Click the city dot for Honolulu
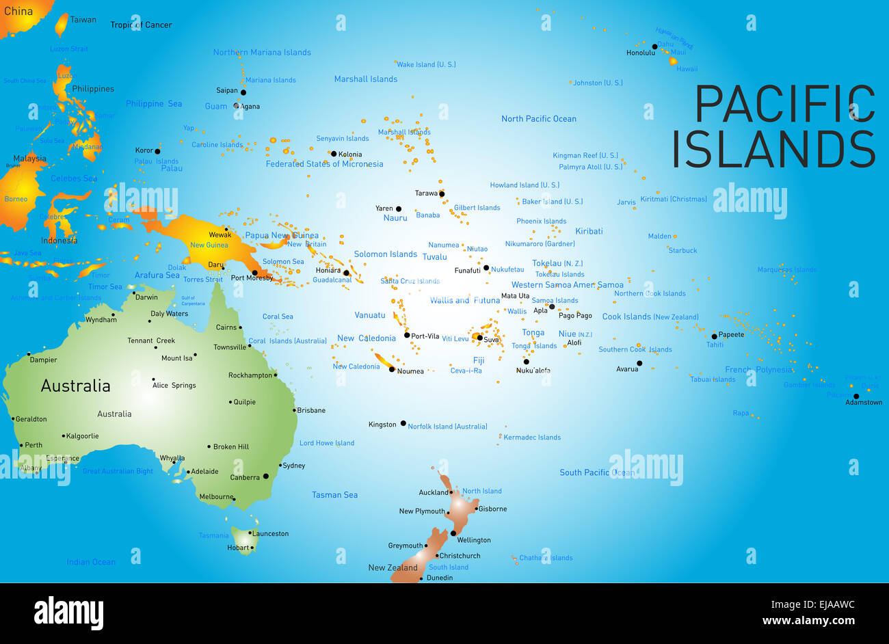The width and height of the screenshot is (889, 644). pos(654,47)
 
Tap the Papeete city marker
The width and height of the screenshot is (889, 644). pos(714,336)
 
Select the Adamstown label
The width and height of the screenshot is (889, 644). pos(864,403)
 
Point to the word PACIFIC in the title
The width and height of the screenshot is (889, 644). pos(784,105)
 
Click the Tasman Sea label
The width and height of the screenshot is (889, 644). pos(334,495)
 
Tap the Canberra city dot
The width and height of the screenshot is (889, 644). pos(266,477)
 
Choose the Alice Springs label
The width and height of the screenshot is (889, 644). pos(174,386)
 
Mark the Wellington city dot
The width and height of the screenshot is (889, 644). pos(453,533)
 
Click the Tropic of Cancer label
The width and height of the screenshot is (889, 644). pos(141,25)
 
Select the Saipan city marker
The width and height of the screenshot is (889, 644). pos(243,92)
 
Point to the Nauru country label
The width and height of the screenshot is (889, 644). pos(395,218)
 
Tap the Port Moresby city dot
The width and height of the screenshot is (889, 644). pos(255,272)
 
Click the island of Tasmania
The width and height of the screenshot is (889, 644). pos(243,537)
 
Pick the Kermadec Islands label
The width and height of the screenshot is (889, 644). pos(532,438)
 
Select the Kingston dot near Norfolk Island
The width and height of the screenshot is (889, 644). pos(403,424)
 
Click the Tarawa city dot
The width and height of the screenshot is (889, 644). pos(442,194)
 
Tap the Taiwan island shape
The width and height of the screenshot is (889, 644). pos(62,25)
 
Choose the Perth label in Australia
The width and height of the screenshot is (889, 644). pos(34,445)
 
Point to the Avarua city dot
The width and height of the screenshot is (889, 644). pos(639,364)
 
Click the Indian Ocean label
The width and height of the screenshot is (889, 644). pos(91,562)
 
